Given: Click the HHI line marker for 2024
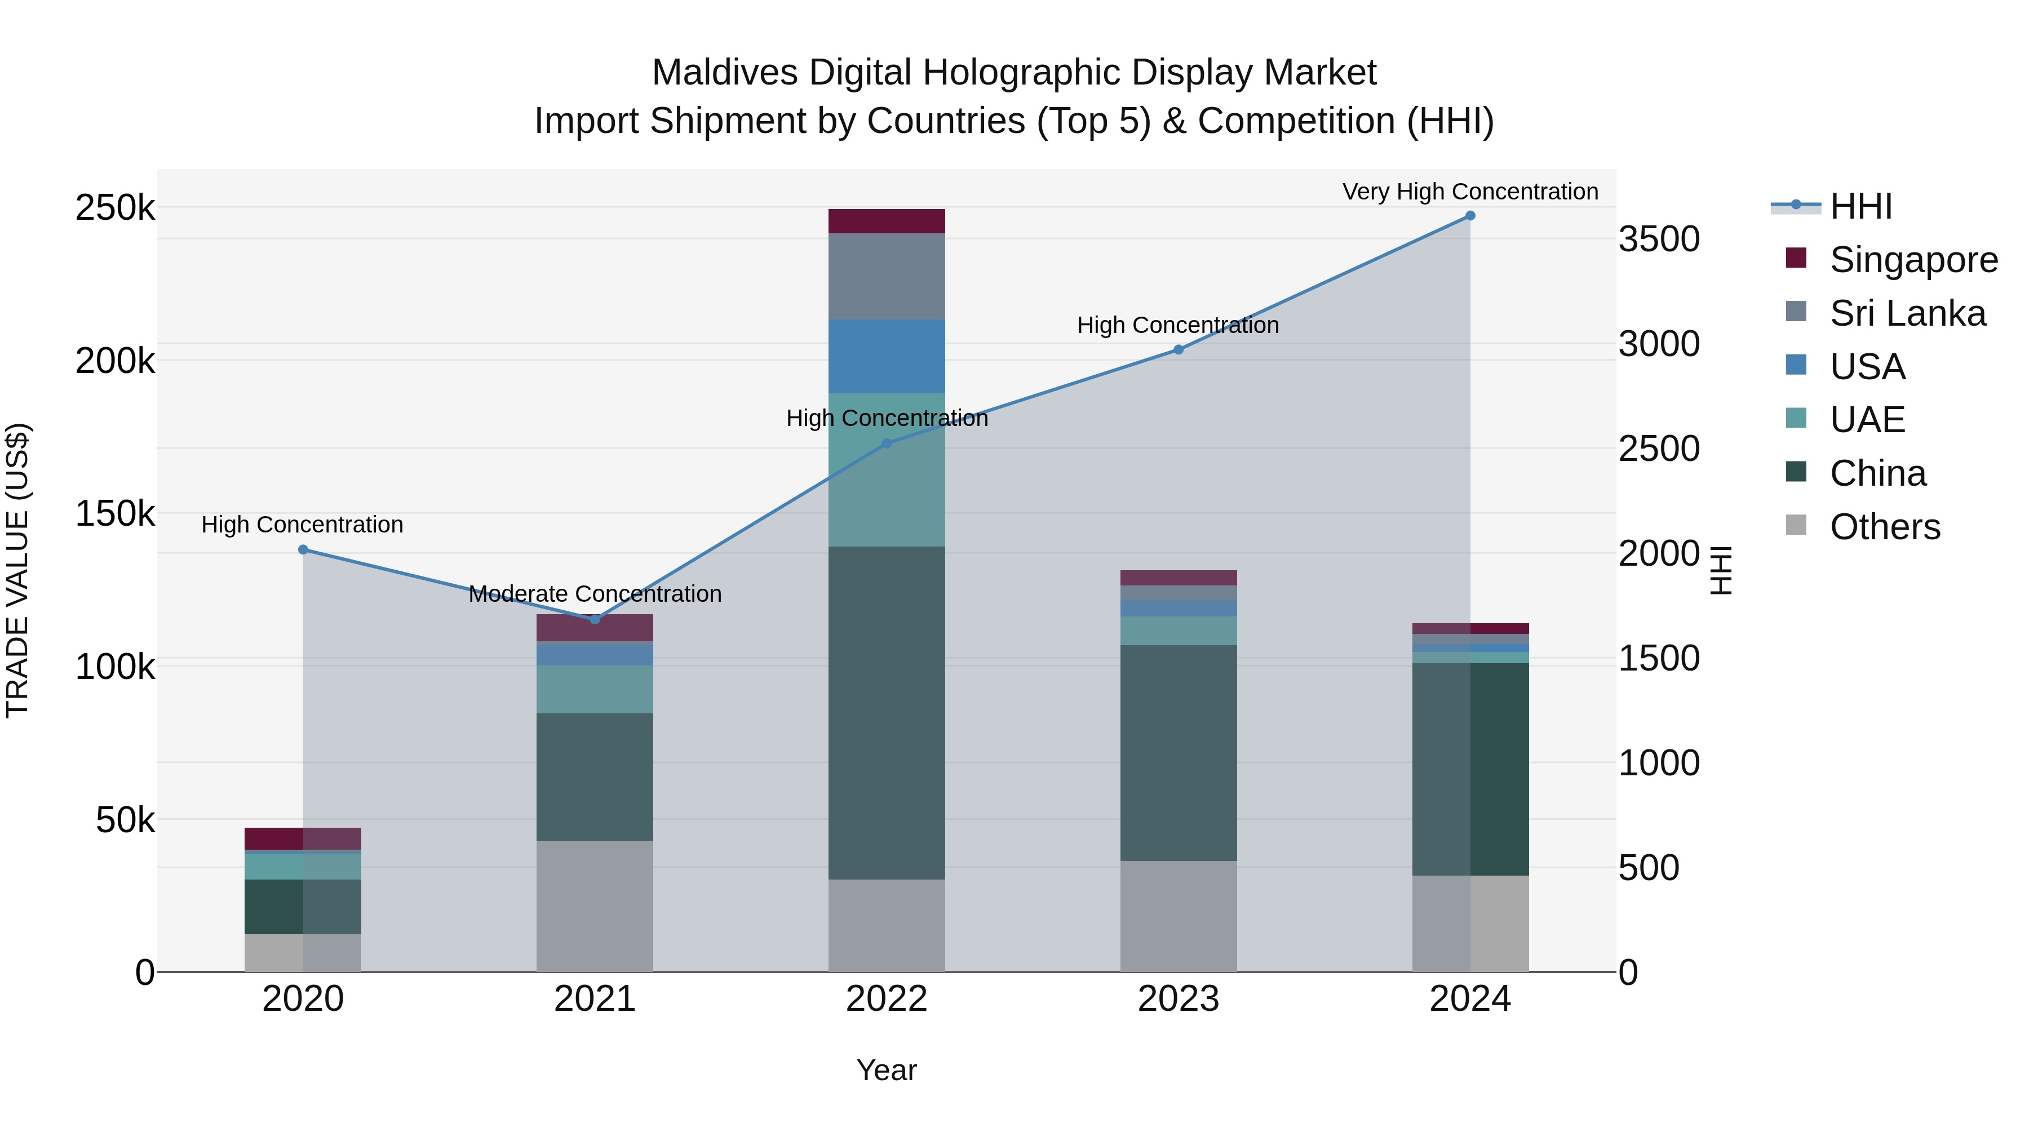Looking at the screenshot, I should point(1470,216).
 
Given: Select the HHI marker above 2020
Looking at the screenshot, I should point(303,549).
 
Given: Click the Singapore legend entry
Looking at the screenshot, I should point(1913,260).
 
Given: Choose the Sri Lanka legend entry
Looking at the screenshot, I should point(1907,313).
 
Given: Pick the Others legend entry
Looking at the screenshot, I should point(1884,527).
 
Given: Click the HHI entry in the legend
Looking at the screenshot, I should point(1860,206).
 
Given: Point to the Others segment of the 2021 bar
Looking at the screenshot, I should point(595,905).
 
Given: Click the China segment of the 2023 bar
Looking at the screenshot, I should point(1179,753).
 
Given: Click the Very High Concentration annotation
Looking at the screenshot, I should point(1470,192).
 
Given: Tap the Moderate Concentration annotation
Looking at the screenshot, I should point(595,594).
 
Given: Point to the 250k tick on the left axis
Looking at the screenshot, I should point(115,208).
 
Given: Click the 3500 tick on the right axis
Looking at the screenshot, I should point(1659,239).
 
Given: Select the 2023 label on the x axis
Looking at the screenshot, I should point(1179,999).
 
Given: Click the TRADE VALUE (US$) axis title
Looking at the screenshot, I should point(17,570).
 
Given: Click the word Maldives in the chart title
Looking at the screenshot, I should point(724,73).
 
